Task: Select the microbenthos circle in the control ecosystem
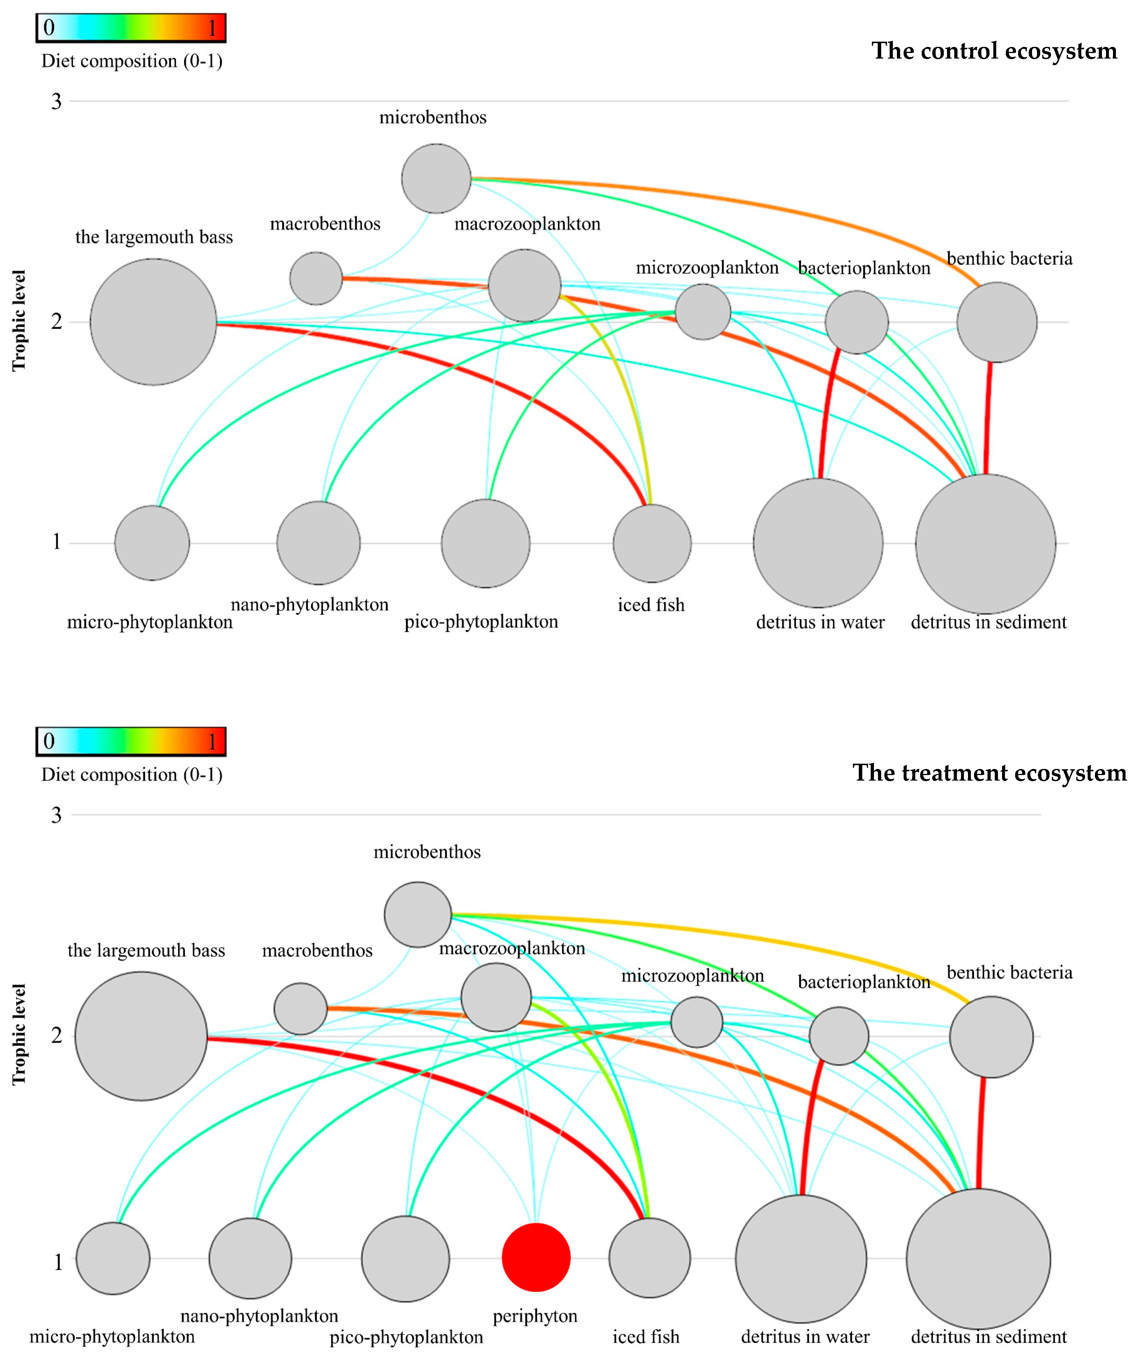click(x=436, y=178)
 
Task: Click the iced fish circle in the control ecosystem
click(x=652, y=543)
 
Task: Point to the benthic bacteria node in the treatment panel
click(x=991, y=1037)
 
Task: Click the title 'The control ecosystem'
click(x=994, y=50)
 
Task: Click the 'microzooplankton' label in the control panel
click(x=707, y=267)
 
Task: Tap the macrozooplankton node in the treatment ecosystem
click(x=496, y=997)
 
